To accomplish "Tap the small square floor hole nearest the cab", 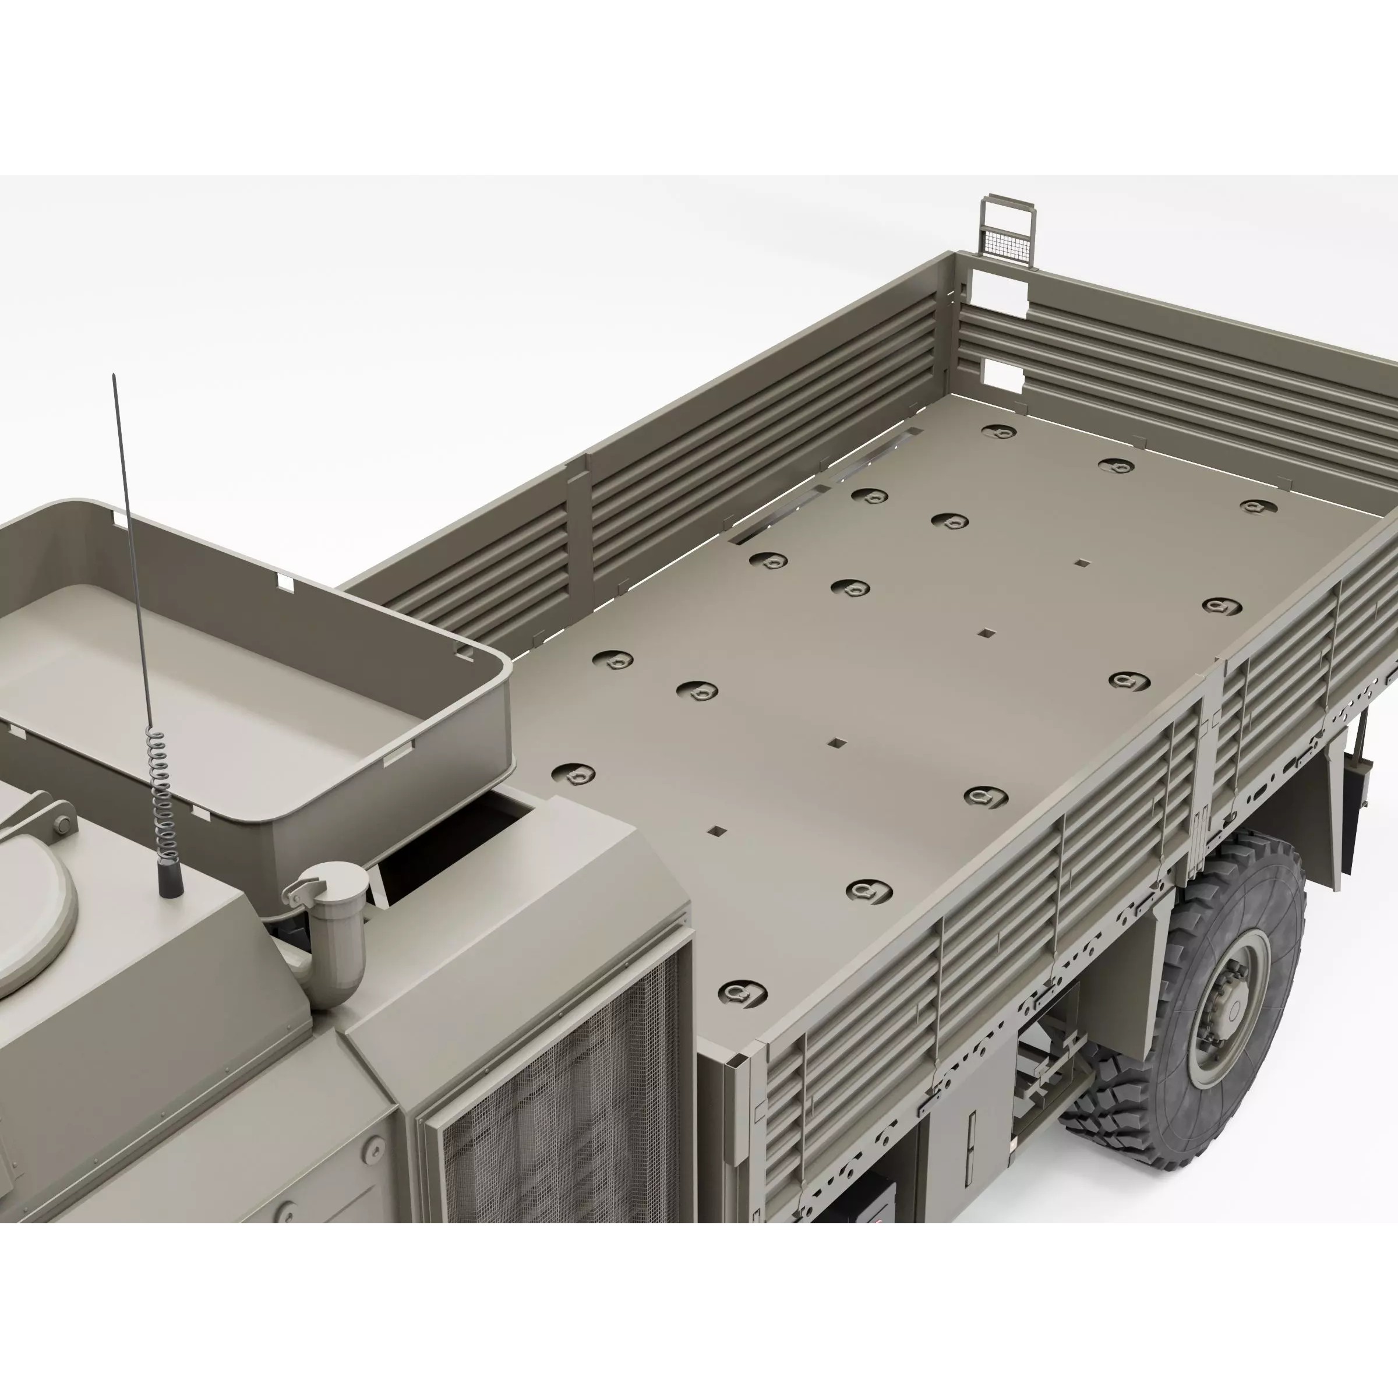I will click(717, 831).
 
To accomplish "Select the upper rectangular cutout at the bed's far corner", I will click(998, 288).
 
